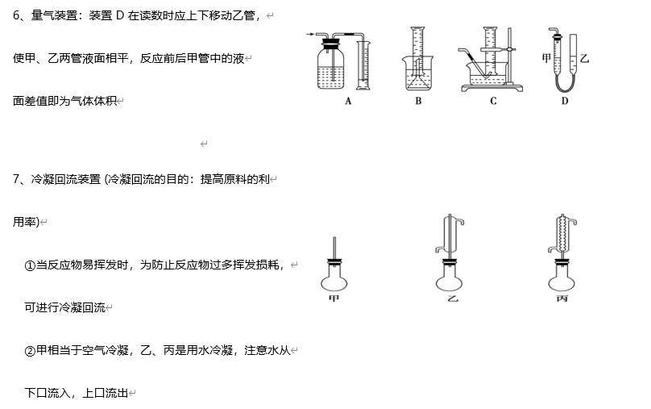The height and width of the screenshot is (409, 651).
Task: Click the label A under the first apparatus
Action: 348,102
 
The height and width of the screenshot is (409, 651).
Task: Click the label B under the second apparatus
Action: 418,102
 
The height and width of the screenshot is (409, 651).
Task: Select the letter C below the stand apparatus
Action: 493,102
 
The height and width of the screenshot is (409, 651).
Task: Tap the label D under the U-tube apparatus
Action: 565,102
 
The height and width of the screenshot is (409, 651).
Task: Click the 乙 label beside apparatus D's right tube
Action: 584,59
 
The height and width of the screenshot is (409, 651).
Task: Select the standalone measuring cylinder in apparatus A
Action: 362,65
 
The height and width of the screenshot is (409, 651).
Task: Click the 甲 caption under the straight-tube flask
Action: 334,298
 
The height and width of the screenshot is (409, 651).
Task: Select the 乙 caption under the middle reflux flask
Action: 452,298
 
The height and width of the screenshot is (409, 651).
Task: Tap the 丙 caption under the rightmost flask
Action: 562,298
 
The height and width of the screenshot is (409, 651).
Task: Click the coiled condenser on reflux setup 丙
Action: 562,235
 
